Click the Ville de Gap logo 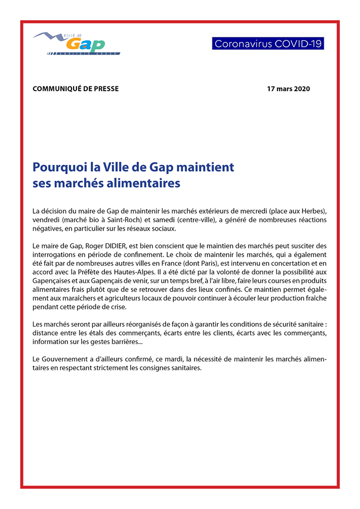pos(76,43)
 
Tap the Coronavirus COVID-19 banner pos(268,43)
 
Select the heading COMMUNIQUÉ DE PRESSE pos(76,89)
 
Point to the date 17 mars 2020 pos(288,89)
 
